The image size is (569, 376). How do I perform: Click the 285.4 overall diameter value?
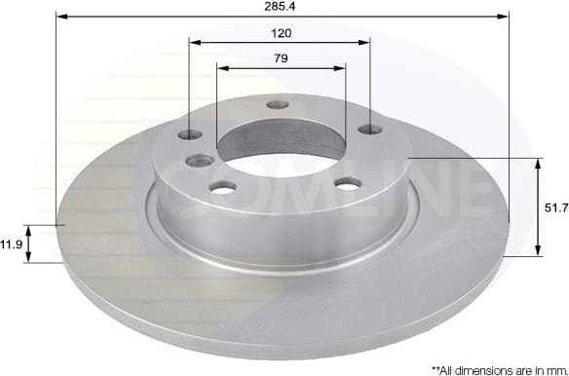(283, 6)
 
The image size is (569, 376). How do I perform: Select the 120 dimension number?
(282, 32)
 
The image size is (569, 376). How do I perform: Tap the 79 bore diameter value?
(282, 58)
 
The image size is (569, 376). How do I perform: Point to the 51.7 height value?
(554, 207)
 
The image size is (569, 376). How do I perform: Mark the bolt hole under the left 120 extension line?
(191, 134)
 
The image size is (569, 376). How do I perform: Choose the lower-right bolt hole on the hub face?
(348, 182)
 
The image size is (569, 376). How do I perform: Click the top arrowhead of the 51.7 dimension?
(538, 162)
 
